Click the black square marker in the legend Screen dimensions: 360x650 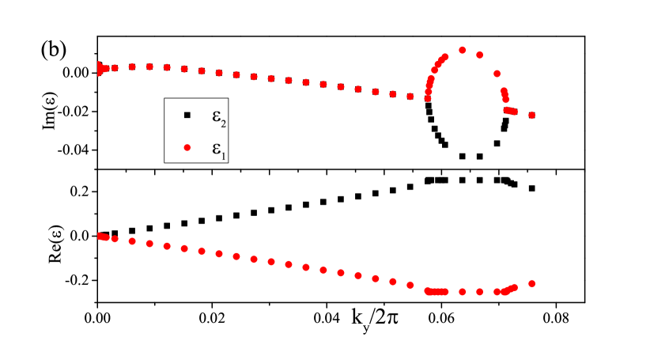point(187,116)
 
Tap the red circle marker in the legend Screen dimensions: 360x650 point(187,147)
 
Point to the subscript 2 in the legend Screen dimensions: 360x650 point(225,122)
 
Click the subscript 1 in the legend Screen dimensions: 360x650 point(225,156)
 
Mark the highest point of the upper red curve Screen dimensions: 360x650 point(463,50)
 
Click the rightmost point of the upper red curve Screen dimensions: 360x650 point(532,116)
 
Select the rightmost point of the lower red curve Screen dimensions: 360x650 point(532,283)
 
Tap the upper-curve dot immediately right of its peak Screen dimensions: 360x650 point(480,55)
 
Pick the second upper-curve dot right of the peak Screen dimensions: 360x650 point(497,74)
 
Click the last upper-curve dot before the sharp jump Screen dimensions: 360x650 point(410,97)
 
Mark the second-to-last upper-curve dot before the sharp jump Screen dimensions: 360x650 point(393,94)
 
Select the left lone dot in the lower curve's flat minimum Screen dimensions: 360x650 point(463,292)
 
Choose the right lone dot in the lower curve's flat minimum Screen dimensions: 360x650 point(480,292)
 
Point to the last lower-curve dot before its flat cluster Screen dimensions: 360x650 point(410,285)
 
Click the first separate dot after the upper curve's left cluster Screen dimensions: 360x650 point(115,68)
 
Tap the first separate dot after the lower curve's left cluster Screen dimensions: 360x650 point(115,239)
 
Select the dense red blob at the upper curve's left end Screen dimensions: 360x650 point(100,69)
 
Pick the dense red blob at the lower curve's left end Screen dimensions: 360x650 point(101,236)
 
